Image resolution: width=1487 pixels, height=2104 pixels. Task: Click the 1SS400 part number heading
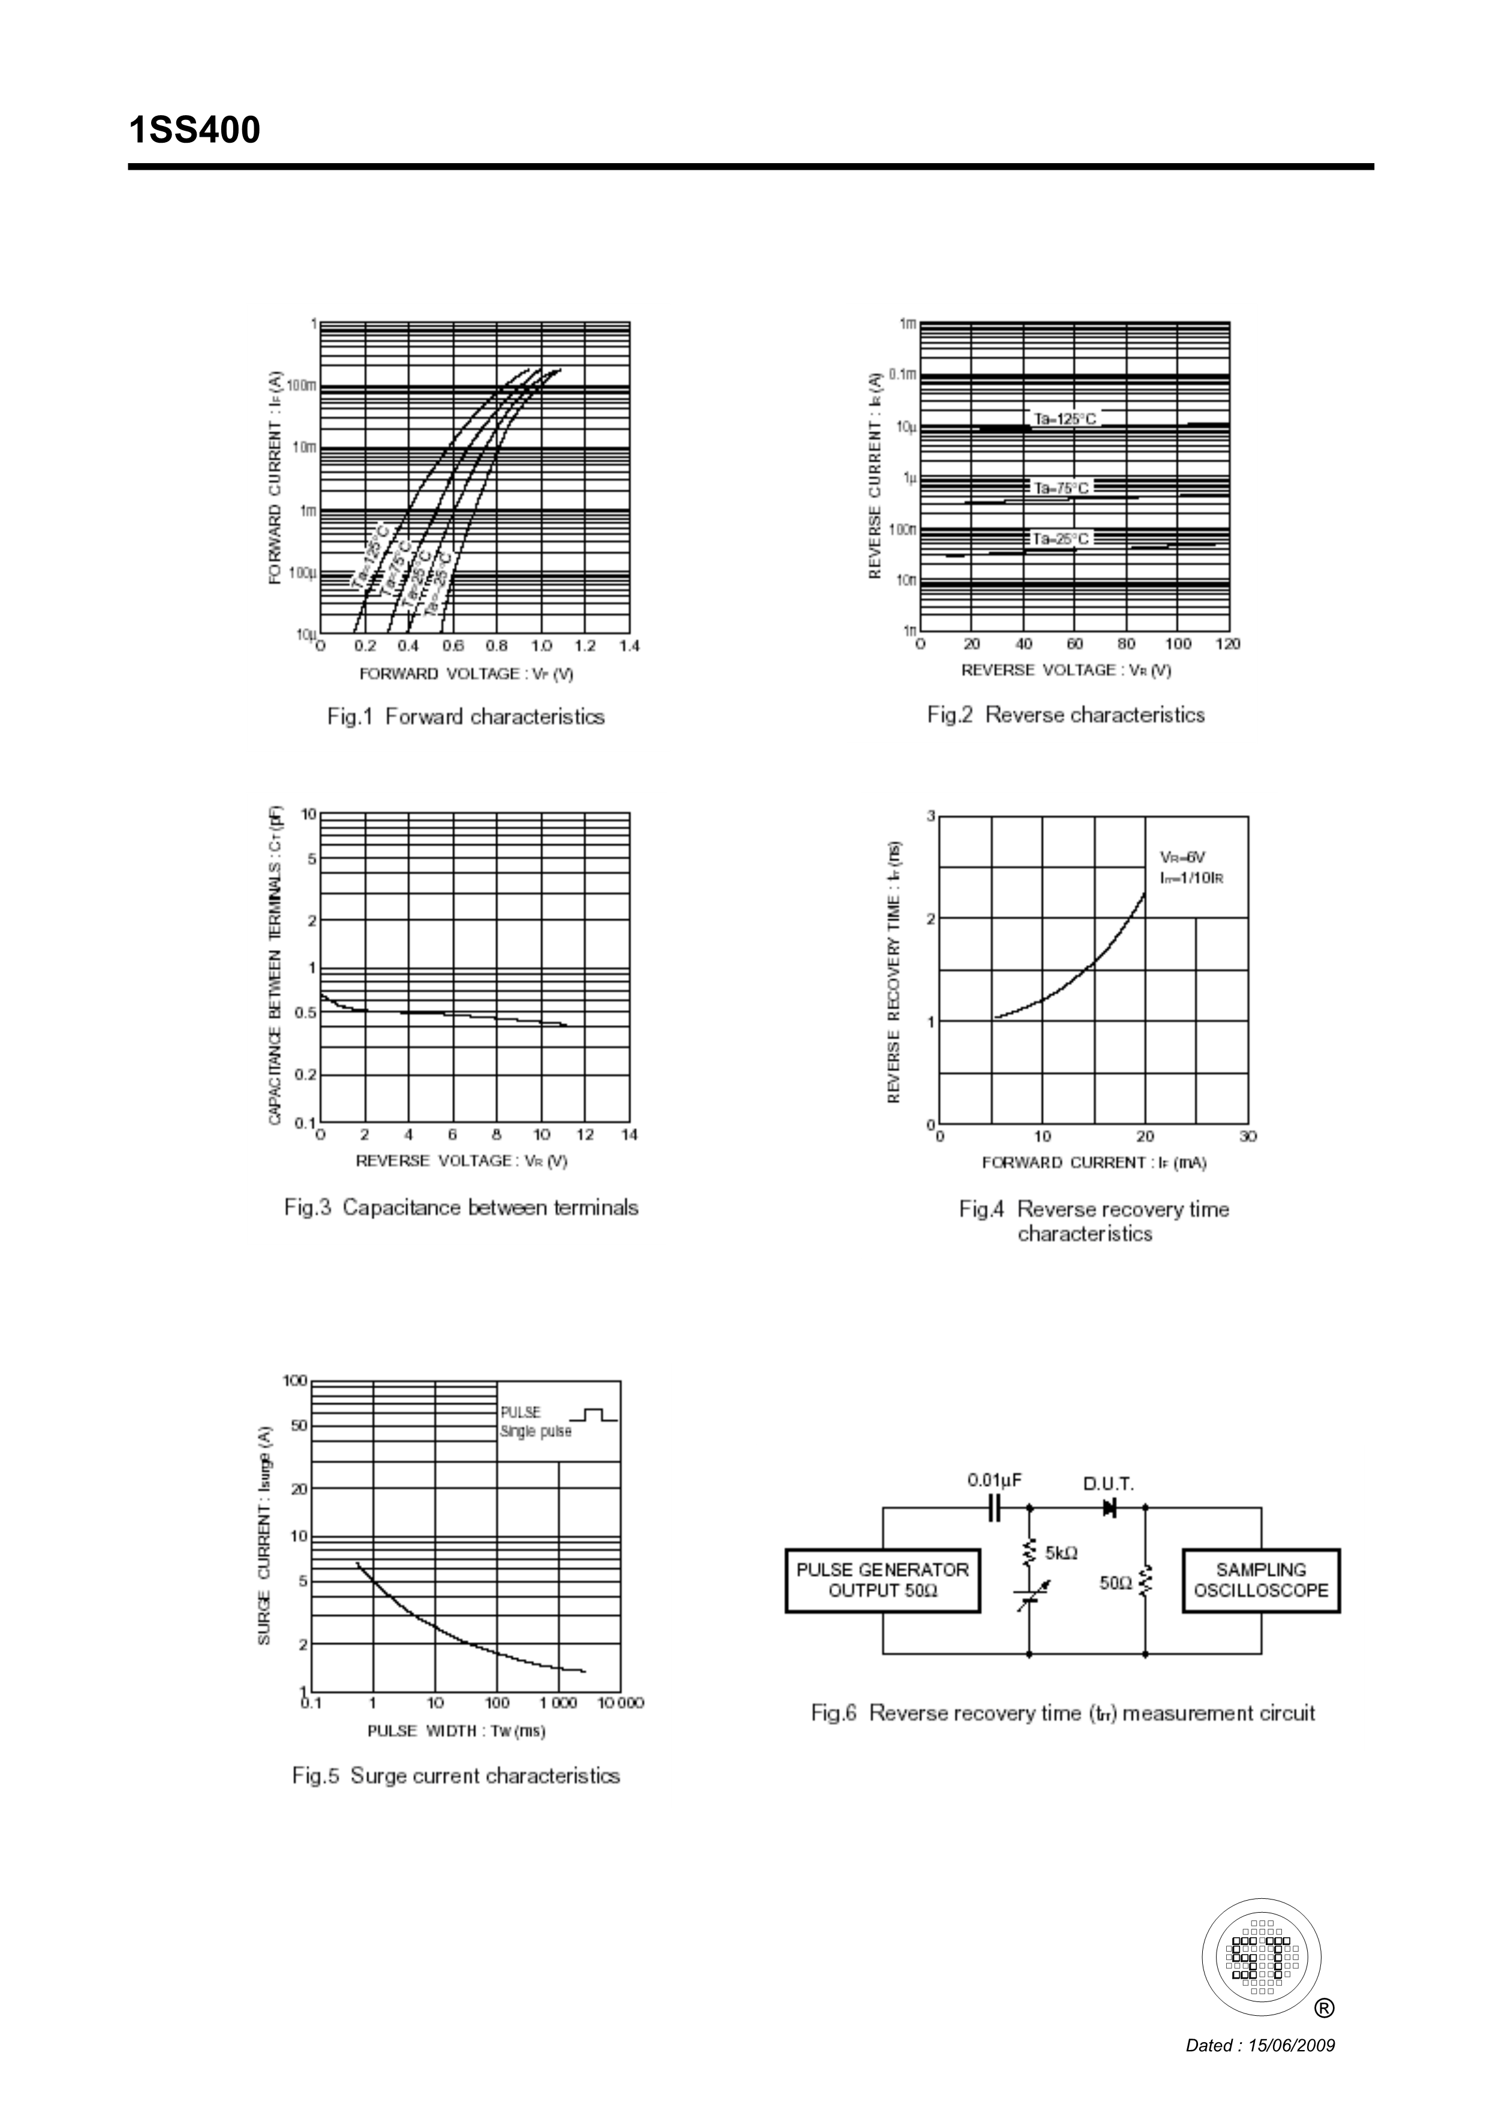(x=194, y=131)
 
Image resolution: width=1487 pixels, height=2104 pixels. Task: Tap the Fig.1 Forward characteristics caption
(x=465, y=717)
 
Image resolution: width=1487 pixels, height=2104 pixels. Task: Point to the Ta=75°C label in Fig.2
(x=1061, y=488)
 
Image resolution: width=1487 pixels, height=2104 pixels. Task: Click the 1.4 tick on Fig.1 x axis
(x=628, y=646)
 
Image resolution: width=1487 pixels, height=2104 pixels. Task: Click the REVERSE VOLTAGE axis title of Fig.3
(x=461, y=1161)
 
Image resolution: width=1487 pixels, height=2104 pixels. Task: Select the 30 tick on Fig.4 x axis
(x=1248, y=1137)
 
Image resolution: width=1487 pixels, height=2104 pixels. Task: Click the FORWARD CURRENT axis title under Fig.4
(x=1094, y=1163)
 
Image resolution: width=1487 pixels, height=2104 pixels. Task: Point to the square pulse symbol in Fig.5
(x=594, y=1416)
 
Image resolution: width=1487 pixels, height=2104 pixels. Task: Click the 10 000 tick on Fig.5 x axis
(x=620, y=1703)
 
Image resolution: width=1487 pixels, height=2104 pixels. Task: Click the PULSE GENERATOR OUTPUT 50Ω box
(x=882, y=1581)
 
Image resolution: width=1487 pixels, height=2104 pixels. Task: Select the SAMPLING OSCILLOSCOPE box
(x=1261, y=1581)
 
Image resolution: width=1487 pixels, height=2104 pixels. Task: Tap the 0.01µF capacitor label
(x=994, y=1480)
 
